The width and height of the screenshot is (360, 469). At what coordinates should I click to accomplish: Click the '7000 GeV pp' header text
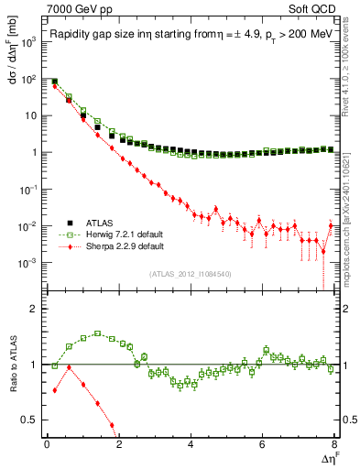(x=81, y=9)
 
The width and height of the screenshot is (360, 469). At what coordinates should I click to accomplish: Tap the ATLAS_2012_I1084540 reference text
(x=190, y=274)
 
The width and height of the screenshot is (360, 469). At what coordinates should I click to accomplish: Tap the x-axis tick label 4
(x=191, y=444)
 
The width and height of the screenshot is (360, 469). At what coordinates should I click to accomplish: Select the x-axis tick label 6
(x=263, y=444)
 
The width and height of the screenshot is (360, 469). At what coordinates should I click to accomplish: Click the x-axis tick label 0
(x=47, y=444)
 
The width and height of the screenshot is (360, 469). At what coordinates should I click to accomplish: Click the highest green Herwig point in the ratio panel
(x=97, y=333)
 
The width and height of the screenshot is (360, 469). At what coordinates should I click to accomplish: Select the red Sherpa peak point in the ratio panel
(x=69, y=367)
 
